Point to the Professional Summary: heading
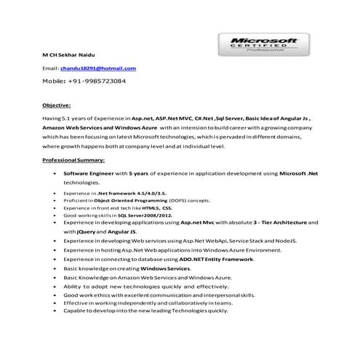pyautogui.click(x=73, y=159)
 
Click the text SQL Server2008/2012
pyautogui.click(x=143, y=215)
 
